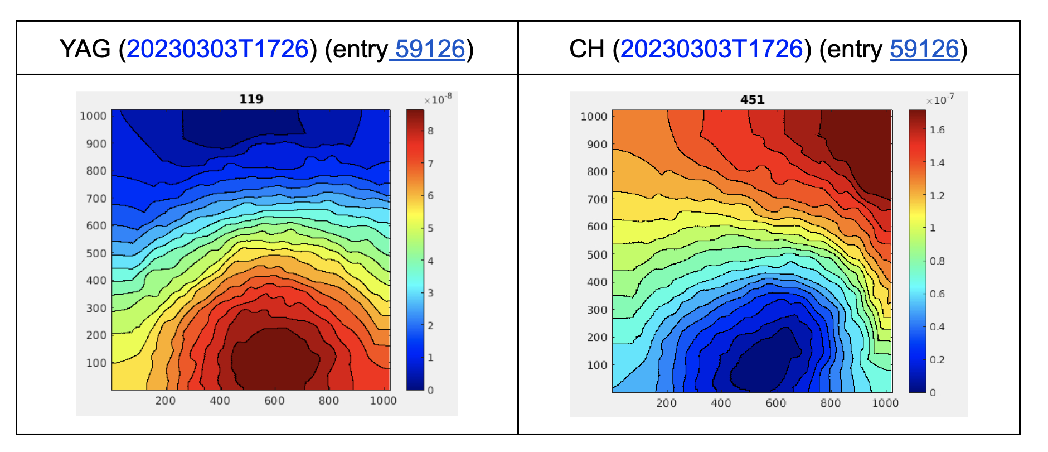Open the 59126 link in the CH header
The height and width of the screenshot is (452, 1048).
[924, 49]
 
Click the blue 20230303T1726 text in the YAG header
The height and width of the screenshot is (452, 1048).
[217, 49]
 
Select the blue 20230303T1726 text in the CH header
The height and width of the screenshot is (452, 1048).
[711, 49]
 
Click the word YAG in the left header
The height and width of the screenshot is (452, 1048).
[85, 49]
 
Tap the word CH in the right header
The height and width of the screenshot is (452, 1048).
[586, 49]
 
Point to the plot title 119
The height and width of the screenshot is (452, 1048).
[251, 99]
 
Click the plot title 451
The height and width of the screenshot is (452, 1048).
[752, 99]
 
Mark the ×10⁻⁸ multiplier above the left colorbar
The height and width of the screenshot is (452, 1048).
[438, 99]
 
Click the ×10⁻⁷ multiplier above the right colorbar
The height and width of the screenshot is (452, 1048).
[940, 100]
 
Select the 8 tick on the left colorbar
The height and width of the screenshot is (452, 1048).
[430, 131]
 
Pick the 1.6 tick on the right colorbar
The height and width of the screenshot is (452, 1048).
[937, 130]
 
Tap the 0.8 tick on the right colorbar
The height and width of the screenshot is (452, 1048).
[937, 261]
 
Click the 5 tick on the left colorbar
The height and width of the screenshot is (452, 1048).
[430, 228]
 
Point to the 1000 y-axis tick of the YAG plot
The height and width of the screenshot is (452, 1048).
[93, 116]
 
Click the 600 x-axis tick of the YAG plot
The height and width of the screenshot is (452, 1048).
[274, 401]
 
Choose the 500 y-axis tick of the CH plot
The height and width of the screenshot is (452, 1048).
[597, 254]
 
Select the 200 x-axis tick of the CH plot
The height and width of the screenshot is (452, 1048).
[666, 403]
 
